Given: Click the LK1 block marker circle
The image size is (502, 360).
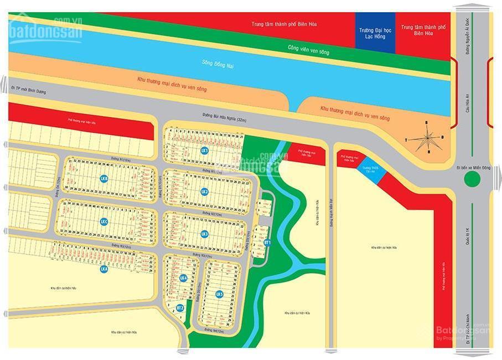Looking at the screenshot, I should pos(204,150).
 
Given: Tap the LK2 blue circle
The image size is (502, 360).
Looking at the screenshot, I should pos(204,191).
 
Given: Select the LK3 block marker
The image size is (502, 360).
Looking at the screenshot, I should pos(204,233).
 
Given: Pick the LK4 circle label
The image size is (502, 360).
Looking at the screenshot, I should pos(183,278).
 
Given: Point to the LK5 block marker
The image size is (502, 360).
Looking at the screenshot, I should pos(219,294).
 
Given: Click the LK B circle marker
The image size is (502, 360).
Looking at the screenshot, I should pos(103,178).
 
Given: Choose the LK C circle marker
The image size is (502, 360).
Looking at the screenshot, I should pos(103,221).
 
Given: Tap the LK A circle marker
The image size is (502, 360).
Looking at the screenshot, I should pos(103,269).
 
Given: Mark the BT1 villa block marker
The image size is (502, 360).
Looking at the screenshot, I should pos(267,242).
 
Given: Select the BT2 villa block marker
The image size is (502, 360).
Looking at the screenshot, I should pos(179,307).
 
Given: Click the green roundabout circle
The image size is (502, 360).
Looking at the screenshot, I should pos(472,179).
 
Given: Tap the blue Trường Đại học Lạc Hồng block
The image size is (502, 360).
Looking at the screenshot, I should pos(375,33).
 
